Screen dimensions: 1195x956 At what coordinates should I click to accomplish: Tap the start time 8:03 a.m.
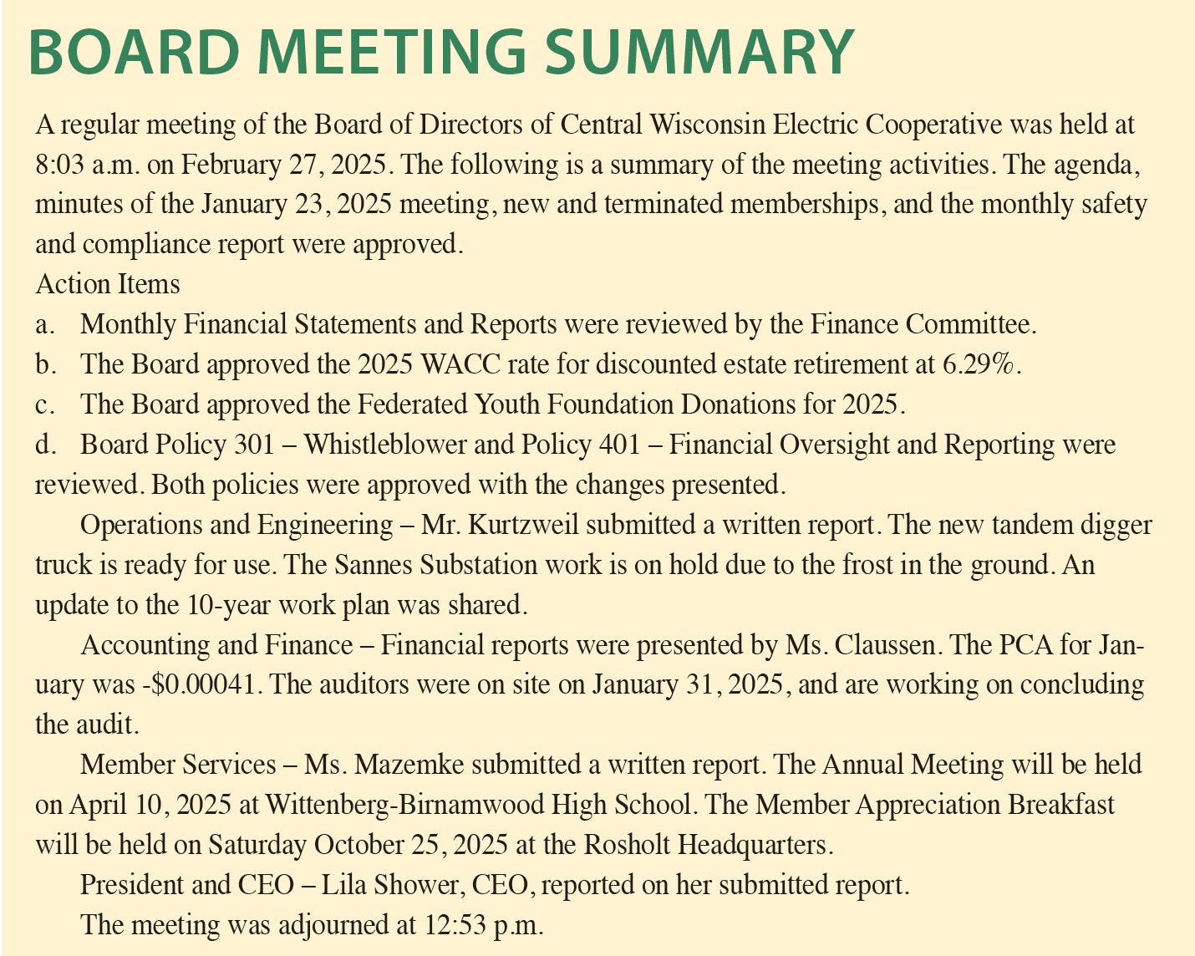pos(88,165)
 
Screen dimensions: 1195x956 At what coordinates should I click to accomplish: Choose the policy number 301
pos(254,444)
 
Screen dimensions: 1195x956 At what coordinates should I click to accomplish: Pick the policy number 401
pos(620,444)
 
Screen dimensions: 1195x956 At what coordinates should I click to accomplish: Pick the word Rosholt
pos(628,844)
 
